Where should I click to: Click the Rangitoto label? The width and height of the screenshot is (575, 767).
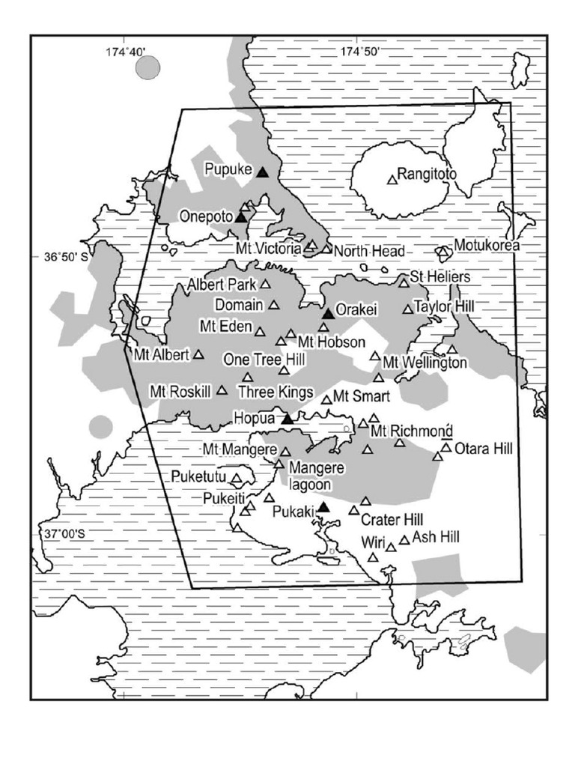tap(427, 174)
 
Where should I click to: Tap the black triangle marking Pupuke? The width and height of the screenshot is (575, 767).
tap(262, 172)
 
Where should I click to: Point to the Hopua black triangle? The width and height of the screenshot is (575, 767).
tap(287, 419)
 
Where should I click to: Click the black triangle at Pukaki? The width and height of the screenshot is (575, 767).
tap(323, 508)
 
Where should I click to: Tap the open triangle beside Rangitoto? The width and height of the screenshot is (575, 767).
tap(392, 180)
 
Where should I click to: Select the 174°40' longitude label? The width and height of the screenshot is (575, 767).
tap(125, 52)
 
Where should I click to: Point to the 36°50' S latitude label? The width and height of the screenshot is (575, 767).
tap(66, 256)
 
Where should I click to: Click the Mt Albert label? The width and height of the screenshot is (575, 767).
tap(161, 354)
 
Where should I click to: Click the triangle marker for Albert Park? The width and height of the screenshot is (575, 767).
tap(265, 285)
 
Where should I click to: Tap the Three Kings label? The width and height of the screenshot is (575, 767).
tap(275, 392)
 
